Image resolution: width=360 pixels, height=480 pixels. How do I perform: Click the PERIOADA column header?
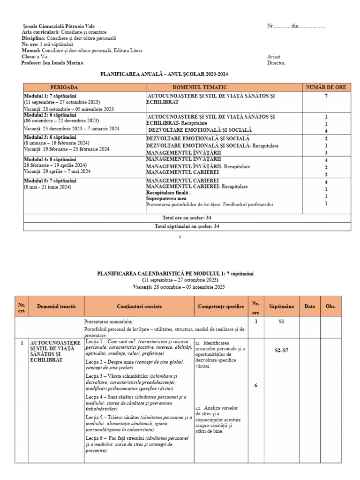(64, 87)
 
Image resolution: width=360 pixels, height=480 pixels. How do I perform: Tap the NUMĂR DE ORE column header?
(326, 87)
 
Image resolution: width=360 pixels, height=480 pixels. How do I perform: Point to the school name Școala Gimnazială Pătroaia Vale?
(61, 26)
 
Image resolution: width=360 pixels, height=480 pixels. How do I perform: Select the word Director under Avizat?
(276, 63)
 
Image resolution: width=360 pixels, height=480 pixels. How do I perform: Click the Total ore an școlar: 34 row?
(187, 218)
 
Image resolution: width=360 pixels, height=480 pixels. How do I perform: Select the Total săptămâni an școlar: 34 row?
(187, 226)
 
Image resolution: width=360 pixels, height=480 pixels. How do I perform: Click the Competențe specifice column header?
(221, 307)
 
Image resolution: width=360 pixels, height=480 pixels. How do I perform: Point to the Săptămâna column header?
(281, 307)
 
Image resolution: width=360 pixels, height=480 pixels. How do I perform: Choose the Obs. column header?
(330, 307)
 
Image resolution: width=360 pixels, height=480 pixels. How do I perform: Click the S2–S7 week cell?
(281, 350)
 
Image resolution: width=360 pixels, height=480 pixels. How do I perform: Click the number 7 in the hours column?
(325, 96)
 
